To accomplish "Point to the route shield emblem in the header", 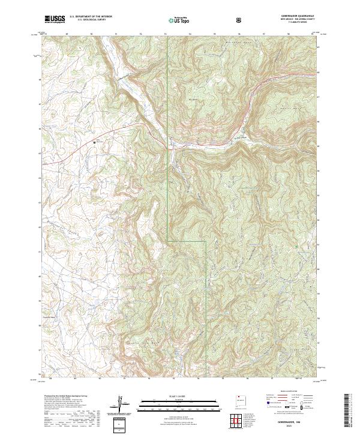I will [240, 20].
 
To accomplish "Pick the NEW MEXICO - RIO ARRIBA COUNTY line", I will [296, 20].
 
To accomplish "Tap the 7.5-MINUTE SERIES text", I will [296, 23].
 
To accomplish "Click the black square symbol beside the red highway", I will [94, 142].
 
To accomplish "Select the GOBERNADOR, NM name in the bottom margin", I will [296, 422].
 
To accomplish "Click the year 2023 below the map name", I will [296, 427].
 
